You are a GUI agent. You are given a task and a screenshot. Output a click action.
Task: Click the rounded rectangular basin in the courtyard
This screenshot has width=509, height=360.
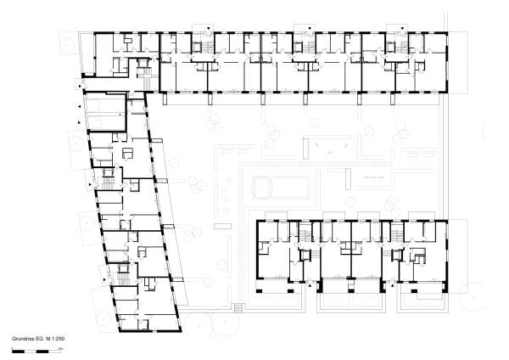(273, 185)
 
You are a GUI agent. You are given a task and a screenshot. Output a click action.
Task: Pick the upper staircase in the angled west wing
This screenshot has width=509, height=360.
(106, 178)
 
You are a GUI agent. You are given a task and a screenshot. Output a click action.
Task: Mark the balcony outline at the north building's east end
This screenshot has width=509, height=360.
(458, 59)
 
